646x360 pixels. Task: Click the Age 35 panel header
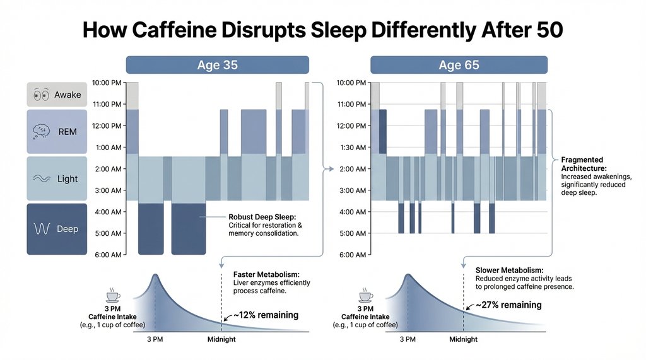tap(217, 65)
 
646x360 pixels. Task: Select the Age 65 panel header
tap(458, 65)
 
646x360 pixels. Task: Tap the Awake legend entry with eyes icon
tap(57, 95)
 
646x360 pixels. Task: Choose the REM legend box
tap(57, 131)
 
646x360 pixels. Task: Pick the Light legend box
tap(57, 178)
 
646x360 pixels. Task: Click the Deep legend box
tap(57, 228)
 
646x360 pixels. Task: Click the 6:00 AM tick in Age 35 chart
tap(107, 255)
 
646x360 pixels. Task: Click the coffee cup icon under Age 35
tap(114, 296)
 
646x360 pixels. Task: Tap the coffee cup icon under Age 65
tap(365, 296)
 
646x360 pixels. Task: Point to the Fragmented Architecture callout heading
tap(582, 164)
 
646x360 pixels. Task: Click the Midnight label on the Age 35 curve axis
tap(222, 340)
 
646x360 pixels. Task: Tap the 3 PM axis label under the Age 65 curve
tap(408, 340)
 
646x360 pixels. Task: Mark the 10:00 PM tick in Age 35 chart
tap(107, 83)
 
